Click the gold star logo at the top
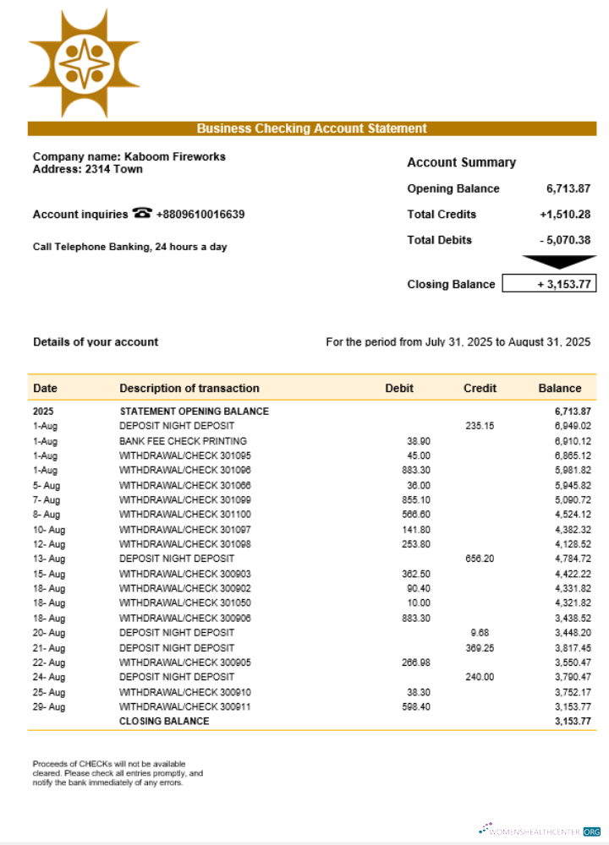click(84, 63)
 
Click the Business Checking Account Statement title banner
click(311, 128)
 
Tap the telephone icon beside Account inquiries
click(142, 214)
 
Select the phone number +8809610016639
click(200, 215)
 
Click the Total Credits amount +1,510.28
click(564, 215)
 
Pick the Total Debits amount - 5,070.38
click(564, 240)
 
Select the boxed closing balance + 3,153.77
click(549, 284)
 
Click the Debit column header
click(399, 389)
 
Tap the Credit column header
click(480, 389)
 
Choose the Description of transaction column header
click(189, 389)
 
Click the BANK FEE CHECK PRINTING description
click(183, 441)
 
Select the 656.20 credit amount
click(480, 559)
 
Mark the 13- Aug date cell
click(49, 559)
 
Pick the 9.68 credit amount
click(480, 633)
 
